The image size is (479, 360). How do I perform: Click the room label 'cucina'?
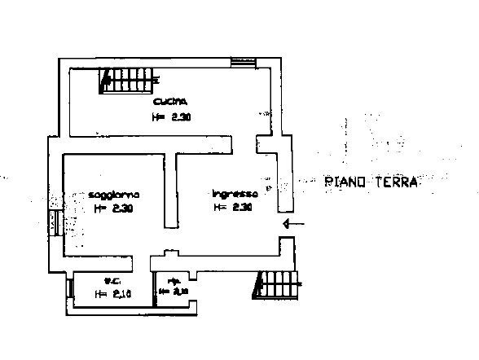click(x=170, y=102)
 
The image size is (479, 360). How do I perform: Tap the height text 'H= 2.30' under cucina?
click(x=170, y=116)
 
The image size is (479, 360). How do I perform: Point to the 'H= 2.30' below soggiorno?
click(x=113, y=209)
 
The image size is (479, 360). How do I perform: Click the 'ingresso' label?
click(x=235, y=194)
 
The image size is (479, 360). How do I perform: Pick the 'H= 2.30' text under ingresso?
click(x=233, y=208)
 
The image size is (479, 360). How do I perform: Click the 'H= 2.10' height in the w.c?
click(x=112, y=294)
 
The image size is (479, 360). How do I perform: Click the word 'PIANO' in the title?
click(x=345, y=182)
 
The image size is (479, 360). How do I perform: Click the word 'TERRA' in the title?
click(x=395, y=182)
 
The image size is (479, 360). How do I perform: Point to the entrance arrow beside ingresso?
click(x=293, y=224)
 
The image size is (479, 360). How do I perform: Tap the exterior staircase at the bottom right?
click(x=277, y=285)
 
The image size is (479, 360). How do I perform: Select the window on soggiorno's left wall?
click(x=54, y=222)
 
